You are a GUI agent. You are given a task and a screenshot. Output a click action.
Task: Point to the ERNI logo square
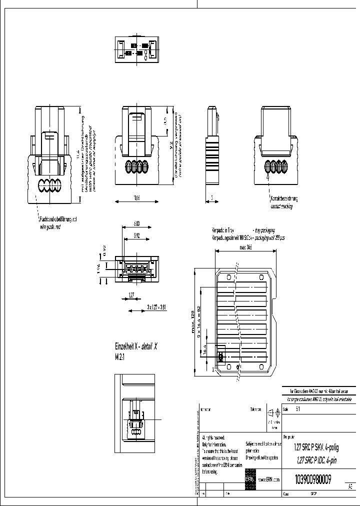[249, 479]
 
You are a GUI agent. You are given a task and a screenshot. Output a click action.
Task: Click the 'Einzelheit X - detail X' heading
[136, 346]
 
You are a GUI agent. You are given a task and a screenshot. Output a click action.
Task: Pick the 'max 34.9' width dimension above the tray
[245, 247]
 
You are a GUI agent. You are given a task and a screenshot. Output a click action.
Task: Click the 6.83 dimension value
[136, 223]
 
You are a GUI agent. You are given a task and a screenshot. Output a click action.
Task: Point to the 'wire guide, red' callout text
[50, 226]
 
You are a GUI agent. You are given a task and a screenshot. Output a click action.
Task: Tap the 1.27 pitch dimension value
[131, 294]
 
